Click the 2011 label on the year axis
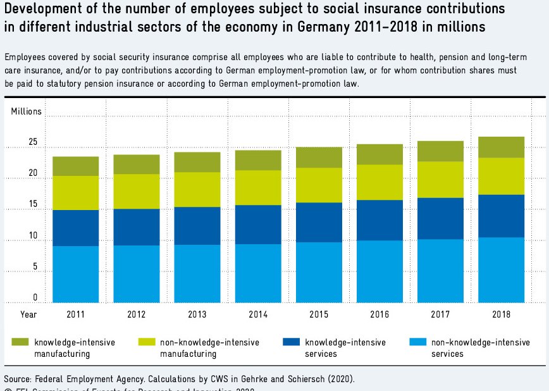75,313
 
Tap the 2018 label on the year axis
502,313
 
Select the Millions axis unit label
26,111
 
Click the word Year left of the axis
28,313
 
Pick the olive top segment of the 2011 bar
75,166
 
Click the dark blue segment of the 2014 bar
258,225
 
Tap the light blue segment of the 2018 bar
502,270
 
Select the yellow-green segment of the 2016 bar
379,182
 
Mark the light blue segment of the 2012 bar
136,273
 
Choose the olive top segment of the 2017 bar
441,151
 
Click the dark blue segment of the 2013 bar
197,226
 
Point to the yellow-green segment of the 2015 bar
319,185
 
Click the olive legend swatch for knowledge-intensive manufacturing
20,342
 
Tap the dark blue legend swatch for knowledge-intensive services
292,342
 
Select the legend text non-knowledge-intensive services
480,348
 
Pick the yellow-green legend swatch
147,342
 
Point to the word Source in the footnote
18,379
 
